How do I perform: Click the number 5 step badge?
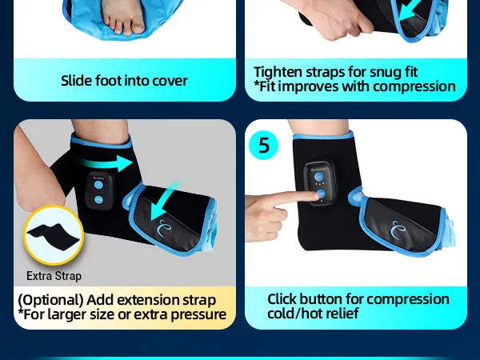263,145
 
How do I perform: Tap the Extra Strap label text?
54,276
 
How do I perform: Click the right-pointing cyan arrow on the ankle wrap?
106,163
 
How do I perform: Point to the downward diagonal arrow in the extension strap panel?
166,200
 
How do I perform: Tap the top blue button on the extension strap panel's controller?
98,185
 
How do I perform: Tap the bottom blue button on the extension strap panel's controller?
98,199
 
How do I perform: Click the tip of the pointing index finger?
318,194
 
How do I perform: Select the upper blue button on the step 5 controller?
319,177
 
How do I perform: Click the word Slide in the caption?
77,81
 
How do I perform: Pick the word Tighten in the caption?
278,72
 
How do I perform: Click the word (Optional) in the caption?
50,300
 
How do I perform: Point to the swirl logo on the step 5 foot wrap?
398,230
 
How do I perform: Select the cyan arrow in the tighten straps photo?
412,10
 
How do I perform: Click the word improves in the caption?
308,86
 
